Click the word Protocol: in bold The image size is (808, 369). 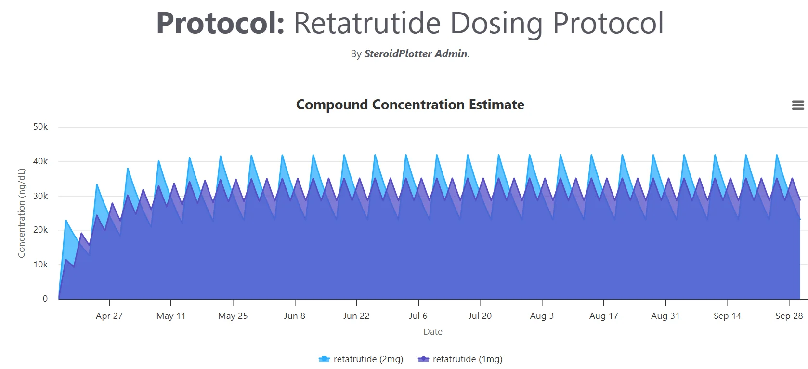[221, 23]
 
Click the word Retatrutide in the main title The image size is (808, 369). [367, 23]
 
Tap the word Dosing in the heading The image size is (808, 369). [496, 25]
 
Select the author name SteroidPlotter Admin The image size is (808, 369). [416, 54]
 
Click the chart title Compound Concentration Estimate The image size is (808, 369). [410, 105]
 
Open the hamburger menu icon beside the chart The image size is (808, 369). [798, 105]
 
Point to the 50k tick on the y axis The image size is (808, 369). [40, 127]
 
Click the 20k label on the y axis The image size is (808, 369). [40, 230]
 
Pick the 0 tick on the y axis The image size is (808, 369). [45, 298]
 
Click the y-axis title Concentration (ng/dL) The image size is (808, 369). [22, 213]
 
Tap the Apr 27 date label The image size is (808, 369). [109, 316]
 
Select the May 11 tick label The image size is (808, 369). [171, 316]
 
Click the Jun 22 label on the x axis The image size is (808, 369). [356, 316]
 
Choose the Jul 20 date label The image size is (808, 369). [480, 316]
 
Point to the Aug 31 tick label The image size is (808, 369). [665, 316]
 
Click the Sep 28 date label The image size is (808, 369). [789, 316]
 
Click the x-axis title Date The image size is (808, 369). [433, 332]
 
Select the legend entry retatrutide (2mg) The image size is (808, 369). [361, 359]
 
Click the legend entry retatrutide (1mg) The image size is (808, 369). [460, 359]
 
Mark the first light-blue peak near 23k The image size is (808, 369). [66, 221]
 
